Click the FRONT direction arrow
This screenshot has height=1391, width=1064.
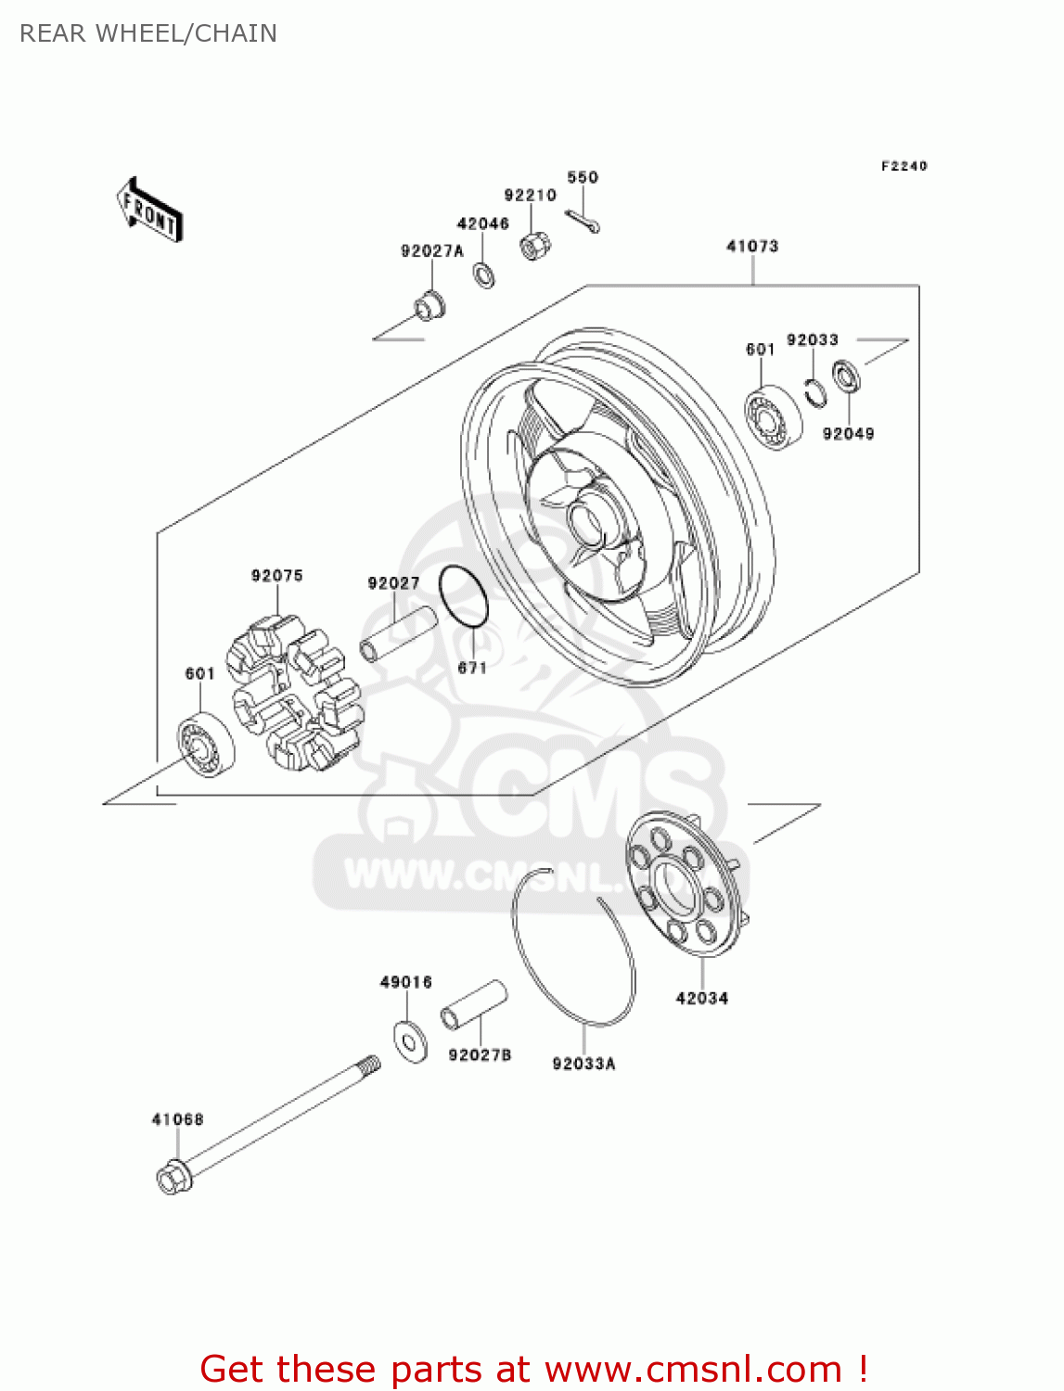click(x=149, y=211)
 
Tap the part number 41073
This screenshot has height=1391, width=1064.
click(x=751, y=247)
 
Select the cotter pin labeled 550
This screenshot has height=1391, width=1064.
click(x=583, y=220)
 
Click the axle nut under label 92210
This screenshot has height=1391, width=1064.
click(x=534, y=245)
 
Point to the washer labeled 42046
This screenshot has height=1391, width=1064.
click(x=483, y=274)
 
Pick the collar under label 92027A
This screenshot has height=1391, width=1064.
click(x=428, y=304)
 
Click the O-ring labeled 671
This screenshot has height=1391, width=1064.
click(x=463, y=596)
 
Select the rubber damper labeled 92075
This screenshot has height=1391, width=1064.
click(x=295, y=691)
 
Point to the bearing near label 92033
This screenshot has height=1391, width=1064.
click(x=773, y=418)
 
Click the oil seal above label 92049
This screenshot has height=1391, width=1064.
click(x=845, y=376)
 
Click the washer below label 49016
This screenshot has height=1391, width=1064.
click(x=409, y=1040)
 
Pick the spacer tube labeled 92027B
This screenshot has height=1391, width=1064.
click(x=474, y=1004)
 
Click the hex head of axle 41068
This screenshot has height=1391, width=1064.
click(x=173, y=1179)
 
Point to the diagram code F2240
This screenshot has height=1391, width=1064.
click(x=904, y=166)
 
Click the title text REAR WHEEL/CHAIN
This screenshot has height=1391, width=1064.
click(x=148, y=33)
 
